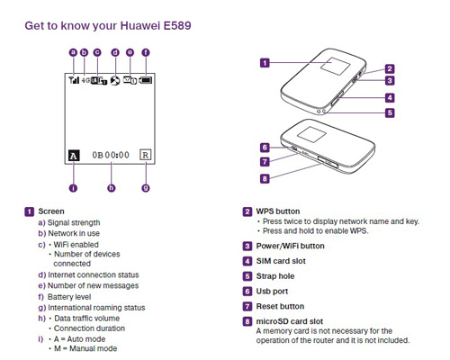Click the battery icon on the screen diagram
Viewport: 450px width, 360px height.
[x=146, y=80]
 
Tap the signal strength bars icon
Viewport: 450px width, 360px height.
[x=74, y=80]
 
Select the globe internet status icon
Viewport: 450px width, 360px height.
[x=115, y=80]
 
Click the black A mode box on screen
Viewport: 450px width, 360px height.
[x=74, y=156]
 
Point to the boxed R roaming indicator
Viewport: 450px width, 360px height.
[x=146, y=155]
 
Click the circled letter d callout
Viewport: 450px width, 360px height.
[x=115, y=52]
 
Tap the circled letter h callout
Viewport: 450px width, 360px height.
[x=112, y=188]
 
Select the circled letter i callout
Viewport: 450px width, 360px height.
[x=73, y=188]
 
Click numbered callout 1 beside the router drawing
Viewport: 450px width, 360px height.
[x=265, y=63]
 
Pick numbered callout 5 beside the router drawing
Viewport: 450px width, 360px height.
[x=390, y=112]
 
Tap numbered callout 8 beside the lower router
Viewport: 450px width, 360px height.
[x=265, y=179]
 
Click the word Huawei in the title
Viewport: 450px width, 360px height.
[x=140, y=25]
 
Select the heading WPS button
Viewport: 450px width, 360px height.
[x=278, y=211]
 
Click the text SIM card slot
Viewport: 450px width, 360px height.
[x=281, y=261]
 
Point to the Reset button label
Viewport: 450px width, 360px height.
[x=280, y=306]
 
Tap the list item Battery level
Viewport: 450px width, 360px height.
[x=69, y=297]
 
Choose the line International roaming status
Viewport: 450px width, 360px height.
[x=96, y=308]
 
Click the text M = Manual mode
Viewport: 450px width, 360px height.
[x=85, y=348]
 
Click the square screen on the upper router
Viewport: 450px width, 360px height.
[x=336, y=66]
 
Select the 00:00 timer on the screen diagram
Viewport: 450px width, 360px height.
[x=117, y=155]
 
